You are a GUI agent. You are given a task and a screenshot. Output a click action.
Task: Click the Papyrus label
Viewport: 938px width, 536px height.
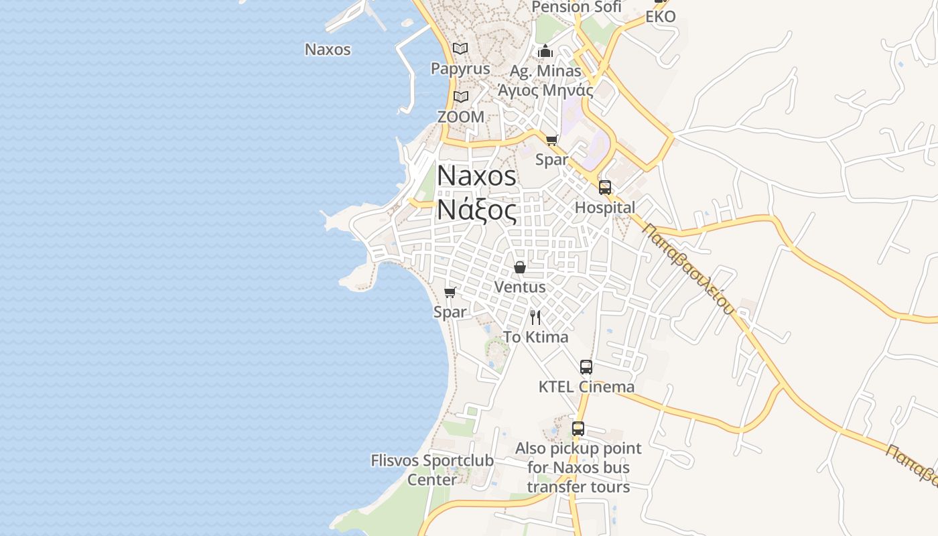coord(460,69)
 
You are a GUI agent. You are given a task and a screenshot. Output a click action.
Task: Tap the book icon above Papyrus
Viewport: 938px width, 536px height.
coord(460,49)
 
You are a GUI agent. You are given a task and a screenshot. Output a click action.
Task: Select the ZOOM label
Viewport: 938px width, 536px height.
coord(460,117)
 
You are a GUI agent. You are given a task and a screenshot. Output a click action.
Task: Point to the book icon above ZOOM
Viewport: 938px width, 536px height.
coord(460,97)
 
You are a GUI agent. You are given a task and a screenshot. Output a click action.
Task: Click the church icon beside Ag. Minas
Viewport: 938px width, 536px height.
coord(545,51)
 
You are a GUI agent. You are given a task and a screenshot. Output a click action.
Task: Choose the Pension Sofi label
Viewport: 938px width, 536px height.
coord(576,7)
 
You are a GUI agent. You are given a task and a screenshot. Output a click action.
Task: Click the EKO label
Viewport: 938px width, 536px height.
coord(661,17)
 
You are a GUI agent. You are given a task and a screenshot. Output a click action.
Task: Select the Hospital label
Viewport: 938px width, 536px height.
coord(605,208)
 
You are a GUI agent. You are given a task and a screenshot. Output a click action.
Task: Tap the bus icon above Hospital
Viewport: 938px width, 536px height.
coord(605,188)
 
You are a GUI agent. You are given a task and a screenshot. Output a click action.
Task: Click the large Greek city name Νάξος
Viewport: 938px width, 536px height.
coord(476,210)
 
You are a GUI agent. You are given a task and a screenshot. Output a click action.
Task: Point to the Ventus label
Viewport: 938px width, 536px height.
coord(520,287)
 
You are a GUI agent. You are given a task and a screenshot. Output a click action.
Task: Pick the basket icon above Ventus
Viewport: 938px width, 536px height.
coord(520,267)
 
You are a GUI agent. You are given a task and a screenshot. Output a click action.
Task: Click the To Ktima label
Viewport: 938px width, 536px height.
coord(535,337)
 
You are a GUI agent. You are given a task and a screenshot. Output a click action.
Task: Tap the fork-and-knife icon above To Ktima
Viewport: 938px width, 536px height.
coord(535,317)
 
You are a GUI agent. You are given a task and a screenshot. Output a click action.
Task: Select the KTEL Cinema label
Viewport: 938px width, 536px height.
coord(586,387)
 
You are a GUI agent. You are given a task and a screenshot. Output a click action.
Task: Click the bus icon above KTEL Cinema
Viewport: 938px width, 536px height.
coord(586,367)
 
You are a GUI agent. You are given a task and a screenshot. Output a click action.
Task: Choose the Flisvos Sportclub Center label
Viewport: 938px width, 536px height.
coord(432,470)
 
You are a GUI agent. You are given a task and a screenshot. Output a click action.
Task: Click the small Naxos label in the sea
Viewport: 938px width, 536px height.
coord(328,49)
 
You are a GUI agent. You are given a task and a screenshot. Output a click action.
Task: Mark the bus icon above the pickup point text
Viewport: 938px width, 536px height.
coord(578,429)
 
